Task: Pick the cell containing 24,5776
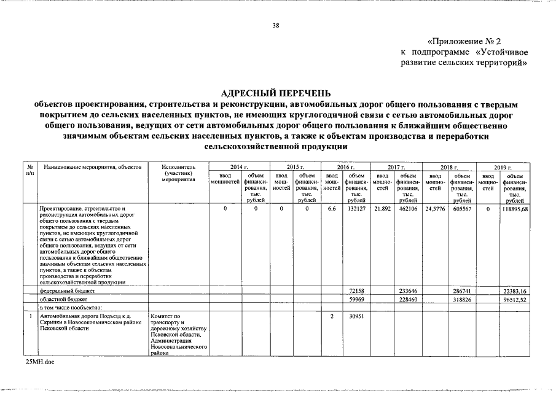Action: pyautogui.click(x=436, y=209)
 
